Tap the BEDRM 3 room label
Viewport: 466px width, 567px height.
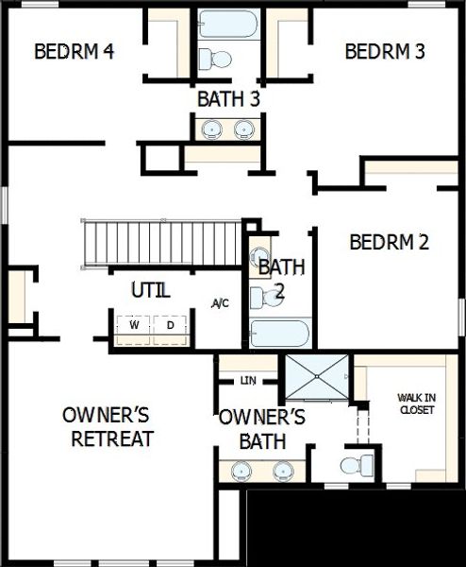(x=384, y=51)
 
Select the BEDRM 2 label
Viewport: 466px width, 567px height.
(x=389, y=242)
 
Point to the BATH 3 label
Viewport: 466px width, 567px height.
(x=228, y=97)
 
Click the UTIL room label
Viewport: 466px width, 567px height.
(x=151, y=289)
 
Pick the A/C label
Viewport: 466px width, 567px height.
(x=221, y=303)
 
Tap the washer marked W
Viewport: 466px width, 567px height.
(x=134, y=325)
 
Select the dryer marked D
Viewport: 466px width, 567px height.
(x=170, y=325)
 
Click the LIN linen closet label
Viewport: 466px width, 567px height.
(x=248, y=380)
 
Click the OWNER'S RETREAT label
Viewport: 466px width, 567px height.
(x=112, y=427)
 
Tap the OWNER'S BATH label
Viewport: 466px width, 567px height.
(x=262, y=428)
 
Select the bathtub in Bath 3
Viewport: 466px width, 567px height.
(x=227, y=24)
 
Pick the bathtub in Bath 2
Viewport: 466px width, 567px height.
(x=279, y=333)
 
